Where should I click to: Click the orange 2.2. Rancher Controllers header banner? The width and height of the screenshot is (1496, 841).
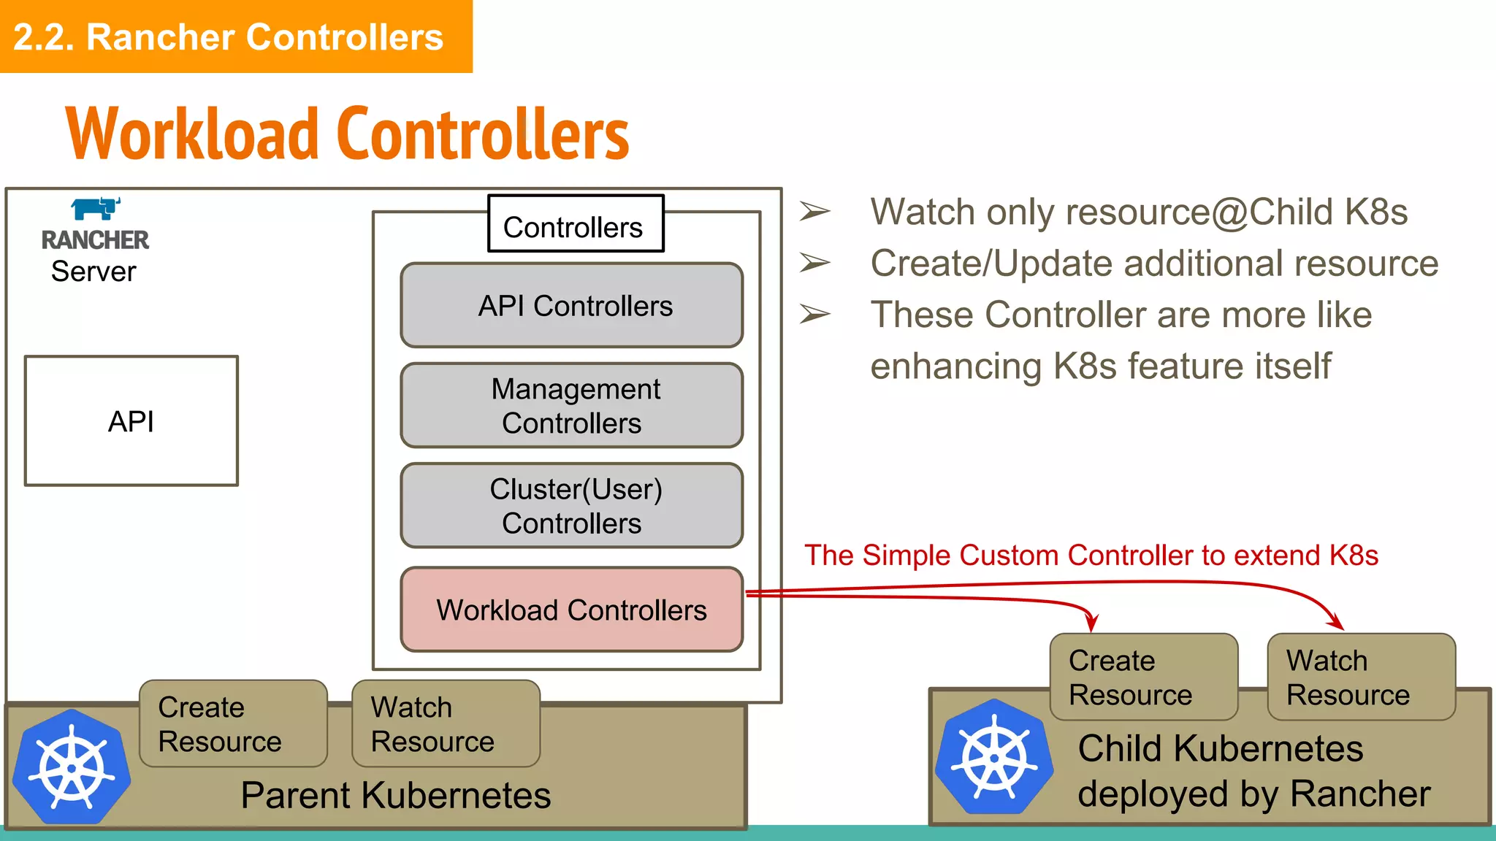click(235, 37)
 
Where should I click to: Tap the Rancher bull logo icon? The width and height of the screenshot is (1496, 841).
click(96, 209)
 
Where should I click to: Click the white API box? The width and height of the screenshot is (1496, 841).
click(131, 421)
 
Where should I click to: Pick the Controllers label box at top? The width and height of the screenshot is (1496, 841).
click(576, 224)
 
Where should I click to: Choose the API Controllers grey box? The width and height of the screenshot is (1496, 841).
click(572, 306)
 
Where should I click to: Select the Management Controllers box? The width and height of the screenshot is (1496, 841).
click(572, 406)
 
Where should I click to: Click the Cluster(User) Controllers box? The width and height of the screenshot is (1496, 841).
click(572, 506)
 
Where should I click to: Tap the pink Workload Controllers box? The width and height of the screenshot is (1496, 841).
click(572, 610)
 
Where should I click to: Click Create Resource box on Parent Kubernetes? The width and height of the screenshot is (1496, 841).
click(233, 724)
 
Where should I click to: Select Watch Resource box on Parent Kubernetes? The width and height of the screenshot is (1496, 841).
click(446, 724)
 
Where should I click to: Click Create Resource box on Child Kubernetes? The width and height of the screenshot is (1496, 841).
click(1143, 677)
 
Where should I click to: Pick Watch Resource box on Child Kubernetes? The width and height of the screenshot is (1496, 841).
click(1361, 677)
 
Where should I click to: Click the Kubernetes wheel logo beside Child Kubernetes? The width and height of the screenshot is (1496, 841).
click(995, 758)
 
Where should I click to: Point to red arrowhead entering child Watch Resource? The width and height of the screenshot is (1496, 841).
click(1336, 623)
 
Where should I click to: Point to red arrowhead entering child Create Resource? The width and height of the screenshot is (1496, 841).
click(1091, 624)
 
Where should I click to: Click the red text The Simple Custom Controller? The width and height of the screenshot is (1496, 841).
click(1091, 556)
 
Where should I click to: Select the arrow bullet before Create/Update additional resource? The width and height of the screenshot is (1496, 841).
click(814, 263)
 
